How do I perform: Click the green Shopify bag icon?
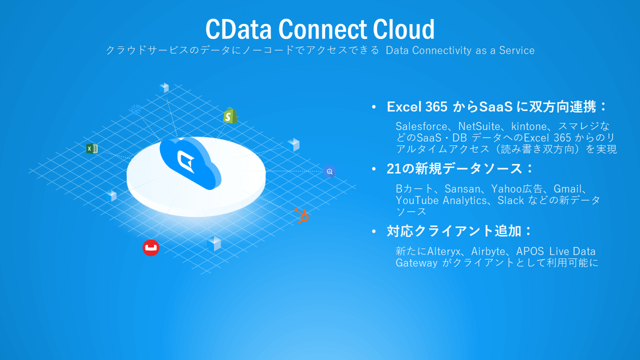tap(230, 115)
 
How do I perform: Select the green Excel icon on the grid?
tap(91, 148)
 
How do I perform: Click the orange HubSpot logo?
tap(301, 215)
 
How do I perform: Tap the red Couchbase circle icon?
tap(150, 247)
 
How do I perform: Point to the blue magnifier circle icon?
tap(329, 171)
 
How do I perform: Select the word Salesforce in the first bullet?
tap(421, 126)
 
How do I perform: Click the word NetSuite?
tap(479, 126)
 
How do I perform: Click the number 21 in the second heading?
tap(393, 169)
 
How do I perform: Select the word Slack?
tap(510, 200)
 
